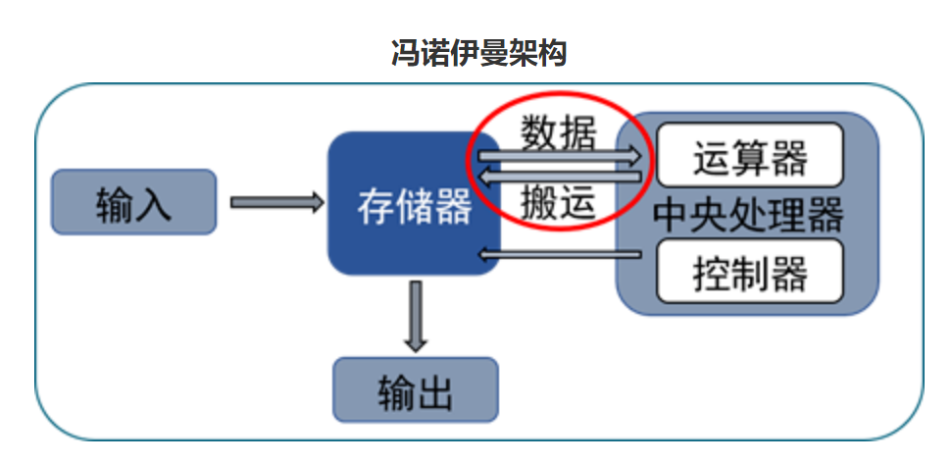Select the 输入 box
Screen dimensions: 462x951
click(x=133, y=203)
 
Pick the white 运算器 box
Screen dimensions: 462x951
click(x=750, y=155)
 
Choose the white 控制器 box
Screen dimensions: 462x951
click(x=750, y=270)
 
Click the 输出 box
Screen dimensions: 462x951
click(x=416, y=390)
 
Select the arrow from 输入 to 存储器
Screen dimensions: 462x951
click(x=276, y=203)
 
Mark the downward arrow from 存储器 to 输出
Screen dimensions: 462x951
click(x=416, y=316)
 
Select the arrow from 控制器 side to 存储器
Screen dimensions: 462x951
click(x=559, y=255)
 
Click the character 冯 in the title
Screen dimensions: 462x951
click(x=405, y=52)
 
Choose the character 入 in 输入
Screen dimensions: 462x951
click(x=154, y=203)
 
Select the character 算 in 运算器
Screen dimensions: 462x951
click(x=750, y=155)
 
